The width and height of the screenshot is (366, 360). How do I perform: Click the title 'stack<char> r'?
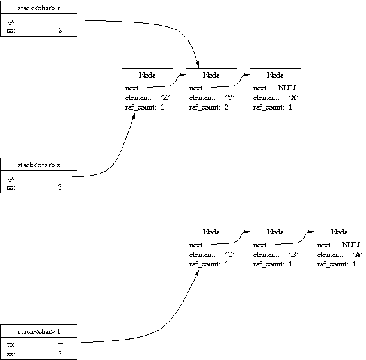(39, 8)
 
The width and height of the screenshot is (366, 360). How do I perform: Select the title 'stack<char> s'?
(39, 165)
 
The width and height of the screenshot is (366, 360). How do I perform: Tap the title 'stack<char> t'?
(39, 332)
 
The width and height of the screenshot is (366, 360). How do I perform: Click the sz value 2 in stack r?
(60, 30)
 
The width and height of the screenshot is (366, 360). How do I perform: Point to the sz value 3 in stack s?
(60, 187)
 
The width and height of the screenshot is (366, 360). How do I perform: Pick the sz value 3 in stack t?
(60, 354)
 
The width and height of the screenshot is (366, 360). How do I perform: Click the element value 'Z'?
(165, 97)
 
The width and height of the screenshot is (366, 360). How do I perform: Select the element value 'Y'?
(230, 97)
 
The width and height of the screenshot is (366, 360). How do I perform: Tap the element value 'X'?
(294, 97)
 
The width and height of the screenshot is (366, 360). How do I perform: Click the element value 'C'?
(230, 254)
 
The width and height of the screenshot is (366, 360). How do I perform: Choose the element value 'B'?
(294, 254)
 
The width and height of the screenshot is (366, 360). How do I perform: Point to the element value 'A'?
(358, 254)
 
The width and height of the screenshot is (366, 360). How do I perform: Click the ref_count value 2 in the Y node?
(227, 107)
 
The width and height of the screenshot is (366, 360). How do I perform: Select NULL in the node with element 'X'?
(288, 88)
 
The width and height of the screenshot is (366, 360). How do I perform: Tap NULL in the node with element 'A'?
(352, 245)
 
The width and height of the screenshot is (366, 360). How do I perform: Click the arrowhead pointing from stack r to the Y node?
(198, 65)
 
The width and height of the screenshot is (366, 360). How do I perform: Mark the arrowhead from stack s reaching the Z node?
(134, 116)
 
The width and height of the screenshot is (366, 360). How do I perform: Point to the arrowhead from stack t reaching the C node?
(197, 273)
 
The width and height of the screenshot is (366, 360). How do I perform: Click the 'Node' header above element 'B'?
(275, 232)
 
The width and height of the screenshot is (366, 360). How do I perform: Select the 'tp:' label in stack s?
(11, 178)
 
